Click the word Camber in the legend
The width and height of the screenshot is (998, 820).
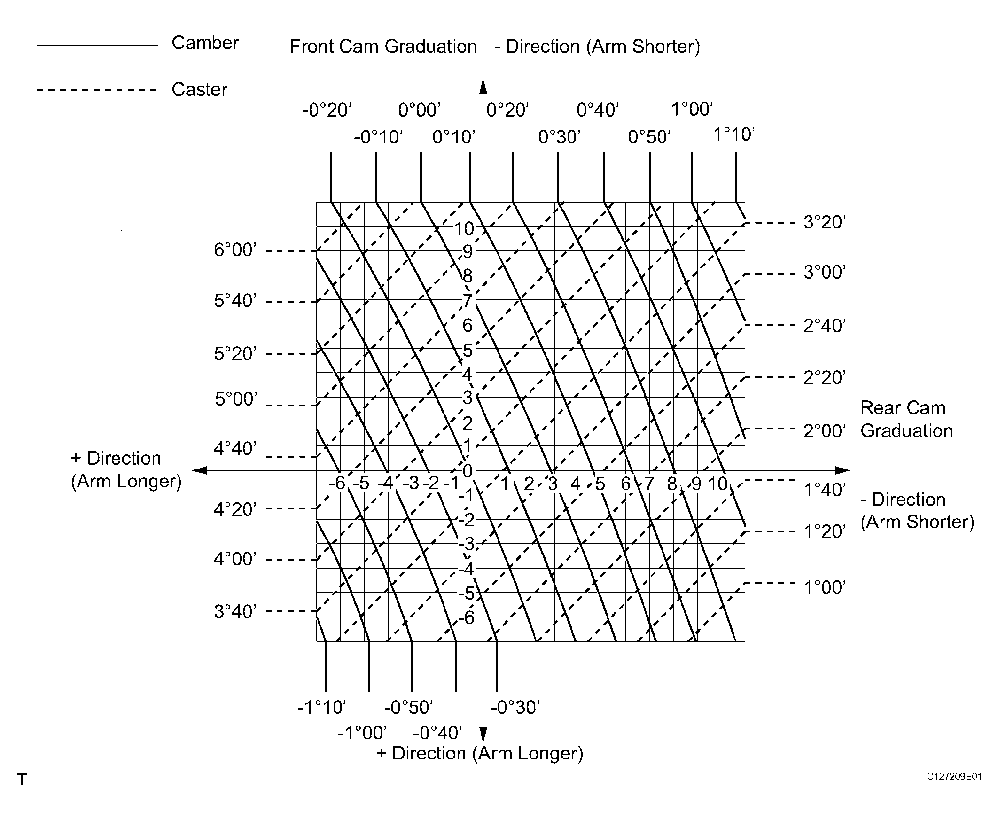tap(205, 43)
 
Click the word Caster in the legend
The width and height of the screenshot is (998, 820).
tap(199, 89)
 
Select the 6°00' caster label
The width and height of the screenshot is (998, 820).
tap(235, 250)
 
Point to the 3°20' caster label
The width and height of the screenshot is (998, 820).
tap(824, 222)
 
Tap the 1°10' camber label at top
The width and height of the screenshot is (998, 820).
tap(734, 134)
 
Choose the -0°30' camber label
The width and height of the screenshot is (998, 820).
tap(515, 707)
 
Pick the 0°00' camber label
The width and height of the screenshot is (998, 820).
tap(420, 110)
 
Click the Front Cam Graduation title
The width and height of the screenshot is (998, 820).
tap(383, 47)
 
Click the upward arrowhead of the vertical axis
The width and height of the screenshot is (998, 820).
tap(483, 86)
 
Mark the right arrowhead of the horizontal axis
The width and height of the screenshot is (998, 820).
tap(842, 470)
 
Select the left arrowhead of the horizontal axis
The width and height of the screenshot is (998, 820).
tap(200, 470)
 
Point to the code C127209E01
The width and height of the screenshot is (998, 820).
tap(954, 777)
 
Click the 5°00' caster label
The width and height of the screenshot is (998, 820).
tap(236, 399)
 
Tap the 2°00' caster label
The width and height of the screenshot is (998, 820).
tap(824, 431)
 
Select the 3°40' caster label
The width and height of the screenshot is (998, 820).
tap(235, 611)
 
